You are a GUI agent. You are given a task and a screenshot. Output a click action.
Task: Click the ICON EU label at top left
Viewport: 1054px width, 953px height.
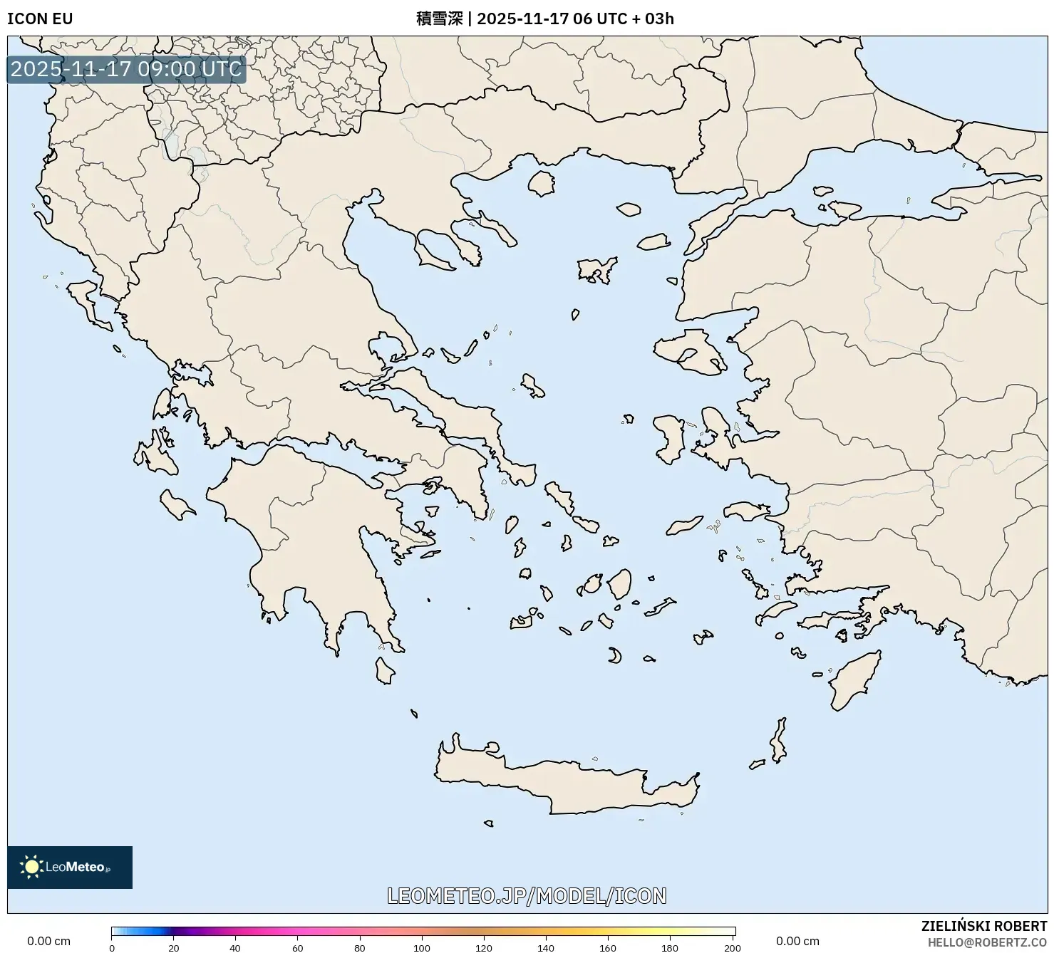(x=40, y=19)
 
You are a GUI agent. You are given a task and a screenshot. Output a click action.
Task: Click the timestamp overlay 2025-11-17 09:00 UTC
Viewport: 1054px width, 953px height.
(x=126, y=69)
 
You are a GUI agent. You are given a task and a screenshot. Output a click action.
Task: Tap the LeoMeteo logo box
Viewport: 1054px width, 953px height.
(x=70, y=867)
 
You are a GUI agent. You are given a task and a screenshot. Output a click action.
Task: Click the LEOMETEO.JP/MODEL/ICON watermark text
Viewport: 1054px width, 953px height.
(x=527, y=895)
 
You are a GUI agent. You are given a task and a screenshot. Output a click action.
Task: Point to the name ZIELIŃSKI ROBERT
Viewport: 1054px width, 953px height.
(x=983, y=927)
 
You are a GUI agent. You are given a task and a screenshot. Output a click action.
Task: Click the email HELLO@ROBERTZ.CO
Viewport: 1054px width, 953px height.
(x=987, y=942)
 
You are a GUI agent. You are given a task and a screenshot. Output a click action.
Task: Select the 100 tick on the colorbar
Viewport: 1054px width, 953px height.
(x=422, y=947)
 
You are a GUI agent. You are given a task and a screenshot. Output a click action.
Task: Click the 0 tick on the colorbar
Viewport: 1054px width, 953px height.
(x=112, y=947)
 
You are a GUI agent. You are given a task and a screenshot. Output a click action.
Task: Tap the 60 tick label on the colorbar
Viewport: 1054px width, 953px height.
(x=298, y=948)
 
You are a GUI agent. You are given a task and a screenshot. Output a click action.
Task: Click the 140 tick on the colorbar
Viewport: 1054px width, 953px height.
(x=546, y=947)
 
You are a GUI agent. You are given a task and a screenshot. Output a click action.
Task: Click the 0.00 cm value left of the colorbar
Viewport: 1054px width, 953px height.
(x=48, y=942)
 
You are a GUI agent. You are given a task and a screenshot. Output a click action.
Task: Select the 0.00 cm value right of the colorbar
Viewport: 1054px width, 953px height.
(x=797, y=942)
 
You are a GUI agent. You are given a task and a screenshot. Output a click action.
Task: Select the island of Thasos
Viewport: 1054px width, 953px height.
(x=541, y=183)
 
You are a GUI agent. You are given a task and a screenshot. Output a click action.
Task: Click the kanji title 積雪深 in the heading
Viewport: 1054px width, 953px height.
(x=439, y=19)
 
